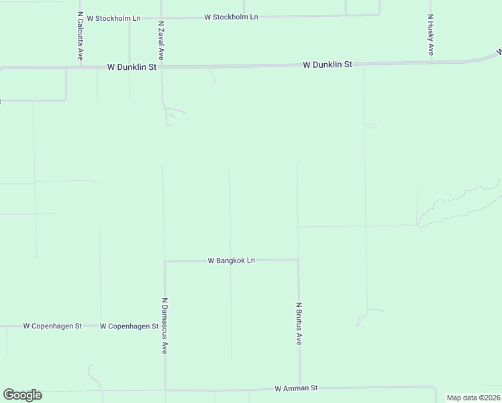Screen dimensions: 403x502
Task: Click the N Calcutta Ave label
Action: point(80,37)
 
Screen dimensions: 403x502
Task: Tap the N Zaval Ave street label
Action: point(161,41)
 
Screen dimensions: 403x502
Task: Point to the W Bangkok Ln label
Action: point(232,260)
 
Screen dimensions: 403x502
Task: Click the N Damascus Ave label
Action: point(164,326)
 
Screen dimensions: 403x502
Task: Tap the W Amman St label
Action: point(296,388)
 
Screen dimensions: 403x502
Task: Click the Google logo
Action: point(22,395)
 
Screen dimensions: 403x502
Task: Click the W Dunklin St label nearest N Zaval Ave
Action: point(132,67)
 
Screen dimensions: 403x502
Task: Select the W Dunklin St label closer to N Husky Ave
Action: point(328,64)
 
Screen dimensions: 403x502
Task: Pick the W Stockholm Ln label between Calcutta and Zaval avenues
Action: point(109,17)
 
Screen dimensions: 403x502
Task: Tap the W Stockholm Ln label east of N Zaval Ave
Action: point(232,16)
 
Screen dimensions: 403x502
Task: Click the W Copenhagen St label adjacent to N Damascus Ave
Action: point(129,326)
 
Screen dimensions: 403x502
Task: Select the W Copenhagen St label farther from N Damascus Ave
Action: point(52,326)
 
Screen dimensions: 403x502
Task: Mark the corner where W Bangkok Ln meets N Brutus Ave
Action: point(298,259)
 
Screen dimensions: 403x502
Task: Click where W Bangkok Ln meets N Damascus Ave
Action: point(165,261)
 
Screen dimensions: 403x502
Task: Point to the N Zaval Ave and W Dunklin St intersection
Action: point(162,66)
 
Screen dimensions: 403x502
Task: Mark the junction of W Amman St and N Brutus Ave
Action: point(300,388)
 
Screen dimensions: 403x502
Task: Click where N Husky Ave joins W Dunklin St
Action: point(431,62)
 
